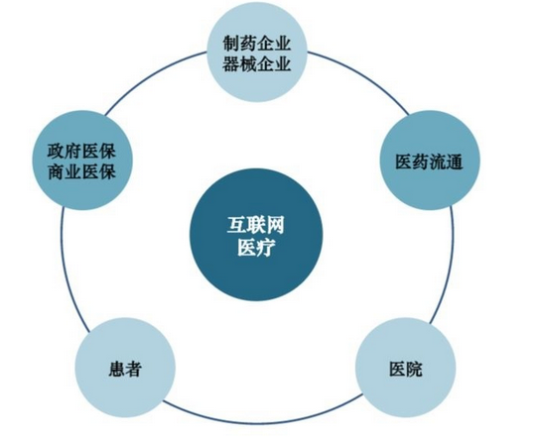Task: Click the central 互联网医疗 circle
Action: (256, 235)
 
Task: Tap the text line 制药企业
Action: (257, 44)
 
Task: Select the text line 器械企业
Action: (257, 63)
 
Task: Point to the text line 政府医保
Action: (81, 152)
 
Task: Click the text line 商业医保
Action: (81, 171)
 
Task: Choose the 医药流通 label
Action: (430, 163)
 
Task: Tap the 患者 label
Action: (125, 369)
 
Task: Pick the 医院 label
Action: (406, 369)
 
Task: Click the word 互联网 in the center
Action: (256, 226)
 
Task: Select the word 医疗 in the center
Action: (256, 248)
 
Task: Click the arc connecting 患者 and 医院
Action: (261, 423)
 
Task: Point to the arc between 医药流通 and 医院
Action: (448, 267)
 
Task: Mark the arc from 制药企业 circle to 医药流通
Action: (364, 75)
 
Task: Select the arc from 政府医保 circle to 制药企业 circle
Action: (151, 75)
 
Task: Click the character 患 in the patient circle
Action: (116, 369)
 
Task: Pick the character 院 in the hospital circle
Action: (414, 369)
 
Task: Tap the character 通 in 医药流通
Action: (455, 163)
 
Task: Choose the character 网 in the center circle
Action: (275, 226)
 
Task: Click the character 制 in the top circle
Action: (231, 44)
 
